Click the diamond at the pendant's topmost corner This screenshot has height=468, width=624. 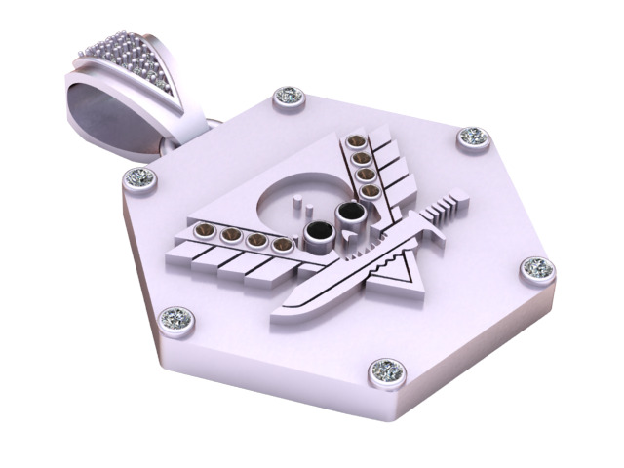coord(290,96)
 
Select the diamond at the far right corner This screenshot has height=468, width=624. coord(537,268)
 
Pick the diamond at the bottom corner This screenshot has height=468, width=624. coord(387,370)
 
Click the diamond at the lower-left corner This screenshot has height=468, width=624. coord(177,317)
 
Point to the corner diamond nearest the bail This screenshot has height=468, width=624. coord(139,178)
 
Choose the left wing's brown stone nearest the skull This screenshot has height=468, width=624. coord(281,245)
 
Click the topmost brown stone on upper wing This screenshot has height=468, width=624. coord(357,142)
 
